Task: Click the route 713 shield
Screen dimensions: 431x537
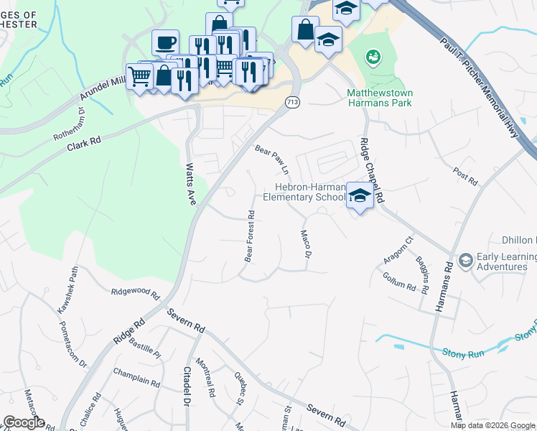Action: [x=292, y=103]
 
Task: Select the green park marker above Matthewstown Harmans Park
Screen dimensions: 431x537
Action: [x=372, y=55]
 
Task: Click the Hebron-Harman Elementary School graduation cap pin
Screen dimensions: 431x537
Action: [x=359, y=195]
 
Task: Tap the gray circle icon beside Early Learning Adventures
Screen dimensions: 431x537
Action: [x=465, y=259]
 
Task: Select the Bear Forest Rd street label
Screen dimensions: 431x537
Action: [x=250, y=236]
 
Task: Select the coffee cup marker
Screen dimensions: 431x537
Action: [x=165, y=42]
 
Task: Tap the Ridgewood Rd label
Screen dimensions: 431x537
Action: [x=135, y=292]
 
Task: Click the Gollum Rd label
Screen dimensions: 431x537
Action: [x=399, y=281]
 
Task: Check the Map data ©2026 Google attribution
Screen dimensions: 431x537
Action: [x=492, y=425]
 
